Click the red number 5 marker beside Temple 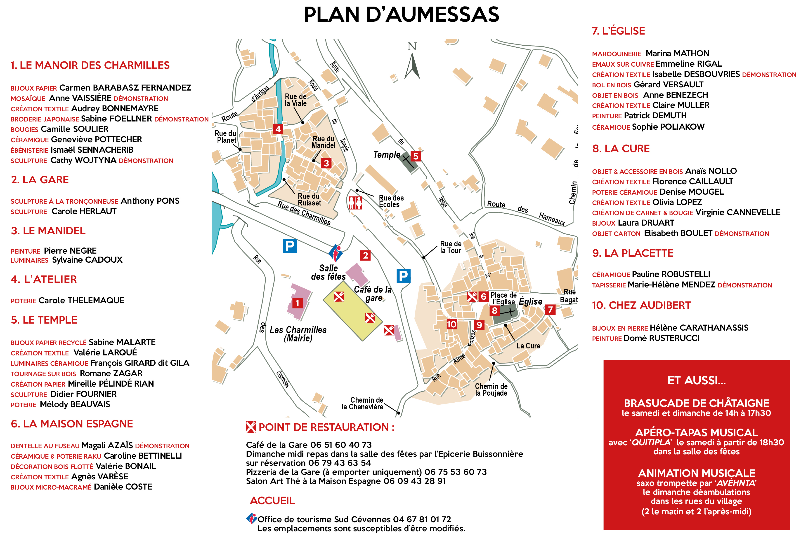pyautogui.click(x=416, y=156)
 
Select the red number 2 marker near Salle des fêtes pyautogui.click(x=365, y=255)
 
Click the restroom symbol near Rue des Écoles pyautogui.click(x=355, y=203)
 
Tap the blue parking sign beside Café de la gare pyautogui.click(x=403, y=276)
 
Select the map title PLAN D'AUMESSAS pyautogui.click(x=401, y=15)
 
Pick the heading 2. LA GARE pyautogui.click(x=40, y=180)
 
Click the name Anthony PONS pyautogui.click(x=150, y=201)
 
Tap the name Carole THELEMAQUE pyautogui.click(x=81, y=300)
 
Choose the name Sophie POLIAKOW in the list pyautogui.click(x=668, y=127)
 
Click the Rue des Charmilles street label pyautogui.click(x=304, y=213)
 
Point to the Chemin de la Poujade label pyautogui.click(x=491, y=390)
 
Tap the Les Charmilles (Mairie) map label pyautogui.click(x=298, y=334)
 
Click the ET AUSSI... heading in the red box pyautogui.click(x=696, y=380)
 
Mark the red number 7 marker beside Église pyautogui.click(x=550, y=309)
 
